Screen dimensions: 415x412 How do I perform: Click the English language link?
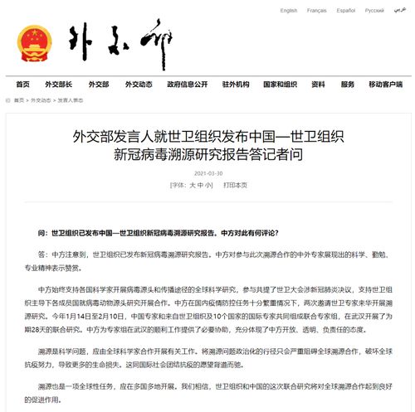point(288,11)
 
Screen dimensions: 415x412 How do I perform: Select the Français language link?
point(317,11)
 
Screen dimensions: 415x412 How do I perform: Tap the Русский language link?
point(374,11)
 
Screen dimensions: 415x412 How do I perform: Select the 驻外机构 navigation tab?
point(236,85)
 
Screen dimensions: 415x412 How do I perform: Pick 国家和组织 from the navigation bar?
point(280,85)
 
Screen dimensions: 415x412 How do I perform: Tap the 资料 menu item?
point(318,85)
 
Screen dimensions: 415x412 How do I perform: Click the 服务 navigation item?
point(347,85)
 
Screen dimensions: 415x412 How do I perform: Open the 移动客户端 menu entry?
point(385,85)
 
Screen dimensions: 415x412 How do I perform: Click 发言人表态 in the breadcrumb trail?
point(71,99)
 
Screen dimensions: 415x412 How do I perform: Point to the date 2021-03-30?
point(207,172)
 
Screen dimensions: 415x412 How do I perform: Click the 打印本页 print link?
point(235,185)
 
